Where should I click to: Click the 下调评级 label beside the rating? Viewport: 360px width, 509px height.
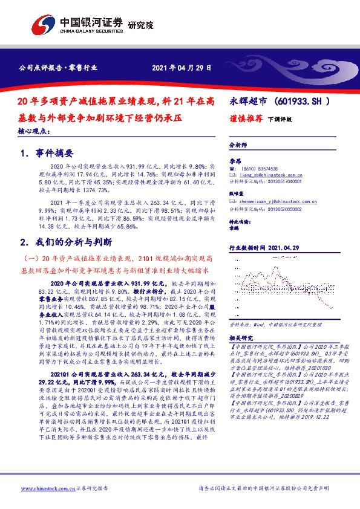point(280,119)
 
